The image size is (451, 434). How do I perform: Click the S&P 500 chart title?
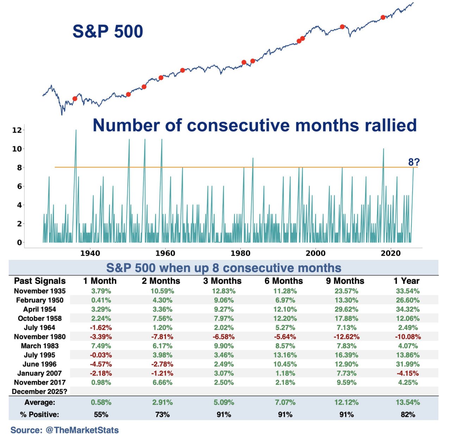coord(107,31)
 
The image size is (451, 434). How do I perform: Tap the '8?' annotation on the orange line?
coord(414,162)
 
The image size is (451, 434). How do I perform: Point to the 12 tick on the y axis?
coord(17,130)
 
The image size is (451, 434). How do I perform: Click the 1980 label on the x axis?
coord(240,253)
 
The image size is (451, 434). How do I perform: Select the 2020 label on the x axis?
coord(390,253)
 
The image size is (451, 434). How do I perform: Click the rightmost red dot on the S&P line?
coord(383,17)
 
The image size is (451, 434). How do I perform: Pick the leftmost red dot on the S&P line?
coord(75,99)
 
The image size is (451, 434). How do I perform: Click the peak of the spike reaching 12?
coord(76,130)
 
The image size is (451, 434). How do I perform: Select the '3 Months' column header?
coord(222,281)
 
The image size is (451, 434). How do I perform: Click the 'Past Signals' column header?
coord(40,281)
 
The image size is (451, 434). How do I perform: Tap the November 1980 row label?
coord(40,337)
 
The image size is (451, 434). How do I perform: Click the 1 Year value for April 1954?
coord(408,309)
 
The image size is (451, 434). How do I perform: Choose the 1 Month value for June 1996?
coord(101,364)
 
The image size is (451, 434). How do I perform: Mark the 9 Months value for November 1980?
coord(346,337)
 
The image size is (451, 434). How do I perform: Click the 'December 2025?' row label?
coord(39,392)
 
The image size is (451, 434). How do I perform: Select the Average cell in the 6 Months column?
coord(285,402)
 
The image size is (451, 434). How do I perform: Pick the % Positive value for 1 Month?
coord(101,415)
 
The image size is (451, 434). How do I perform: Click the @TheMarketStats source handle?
coord(82,430)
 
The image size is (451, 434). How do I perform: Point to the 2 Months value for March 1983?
coord(162,346)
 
